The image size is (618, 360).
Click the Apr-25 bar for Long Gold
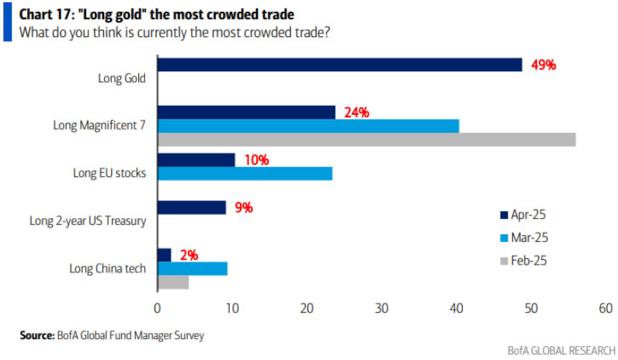(339, 65)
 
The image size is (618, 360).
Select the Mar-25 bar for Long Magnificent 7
(308, 126)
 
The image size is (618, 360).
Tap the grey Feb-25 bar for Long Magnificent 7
(366, 140)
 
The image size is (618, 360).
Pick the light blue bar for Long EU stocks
(245, 173)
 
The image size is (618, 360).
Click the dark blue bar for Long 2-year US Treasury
(192, 207)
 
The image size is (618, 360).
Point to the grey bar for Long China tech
(173, 282)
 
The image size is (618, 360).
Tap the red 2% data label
(189, 255)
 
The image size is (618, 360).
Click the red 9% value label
(244, 207)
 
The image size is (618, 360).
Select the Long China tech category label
(107, 268)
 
